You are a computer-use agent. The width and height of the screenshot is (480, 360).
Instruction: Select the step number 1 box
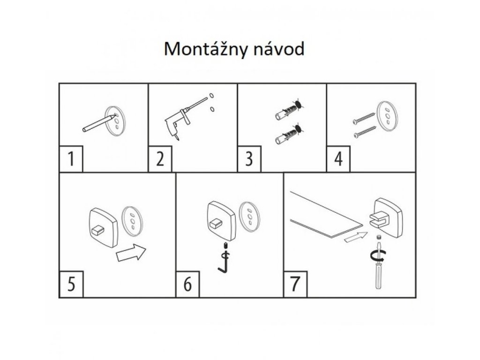[x=71, y=159]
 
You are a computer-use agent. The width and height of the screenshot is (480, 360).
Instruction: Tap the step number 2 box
[x=160, y=159]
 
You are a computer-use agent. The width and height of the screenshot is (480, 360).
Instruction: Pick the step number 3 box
[x=249, y=159]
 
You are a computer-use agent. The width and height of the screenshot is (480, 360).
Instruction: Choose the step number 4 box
[x=338, y=159]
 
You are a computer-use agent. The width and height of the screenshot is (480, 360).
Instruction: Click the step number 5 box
[x=71, y=285]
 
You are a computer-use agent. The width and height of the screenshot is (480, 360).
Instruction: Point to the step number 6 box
[x=187, y=285]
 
